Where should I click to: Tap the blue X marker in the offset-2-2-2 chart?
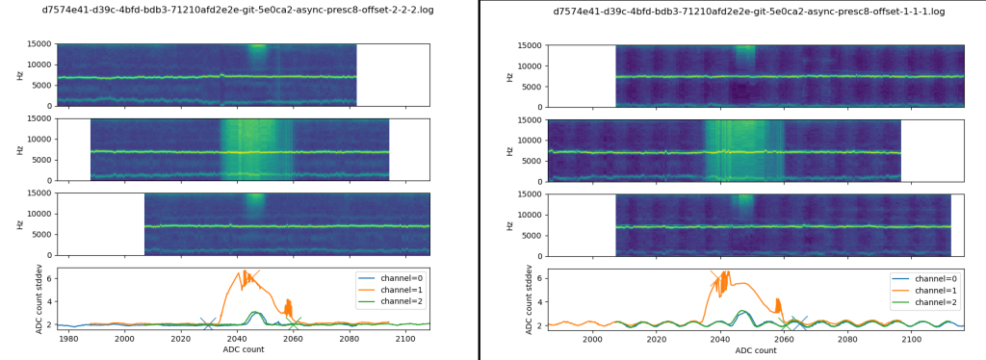click(208, 324)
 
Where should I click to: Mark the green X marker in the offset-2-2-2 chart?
click(295, 321)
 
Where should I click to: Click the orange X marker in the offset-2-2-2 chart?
click(254, 275)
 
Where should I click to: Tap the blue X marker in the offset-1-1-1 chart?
click(799, 322)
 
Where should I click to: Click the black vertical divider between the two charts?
click(479, 180)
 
